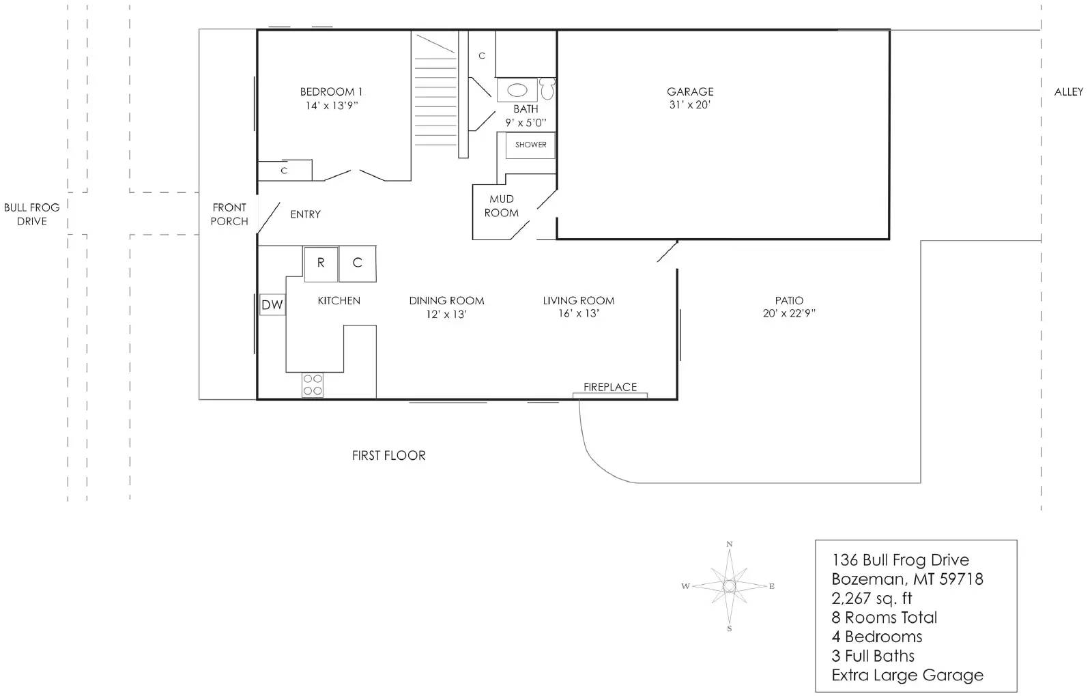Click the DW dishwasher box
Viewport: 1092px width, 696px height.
point(272,305)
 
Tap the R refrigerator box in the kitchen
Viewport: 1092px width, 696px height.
point(321,263)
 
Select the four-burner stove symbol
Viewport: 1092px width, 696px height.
point(313,385)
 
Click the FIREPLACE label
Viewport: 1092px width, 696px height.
point(609,387)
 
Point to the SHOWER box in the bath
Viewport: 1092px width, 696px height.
point(530,145)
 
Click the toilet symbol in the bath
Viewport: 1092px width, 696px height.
point(547,88)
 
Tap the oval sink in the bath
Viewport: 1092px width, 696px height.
point(517,90)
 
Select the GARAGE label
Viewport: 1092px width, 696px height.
point(690,91)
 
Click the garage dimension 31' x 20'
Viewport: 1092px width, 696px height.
point(690,105)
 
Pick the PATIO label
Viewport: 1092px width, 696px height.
point(789,300)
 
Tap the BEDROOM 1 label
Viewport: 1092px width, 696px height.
point(331,91)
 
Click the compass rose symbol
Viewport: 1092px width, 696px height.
point(729,585)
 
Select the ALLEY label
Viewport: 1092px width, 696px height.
point(1068,92)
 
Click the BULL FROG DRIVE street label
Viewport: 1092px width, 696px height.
point(31,214)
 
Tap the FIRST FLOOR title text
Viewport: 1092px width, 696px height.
point(388,455)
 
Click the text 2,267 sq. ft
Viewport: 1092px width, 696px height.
point(872,598)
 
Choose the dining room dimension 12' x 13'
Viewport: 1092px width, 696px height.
point(446,314)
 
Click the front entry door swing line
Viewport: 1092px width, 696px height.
point(269,218)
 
